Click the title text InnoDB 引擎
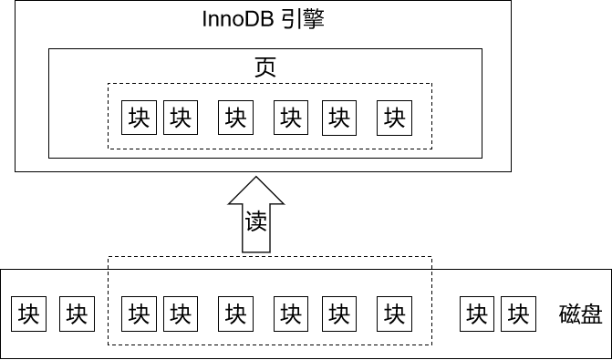[262, 18]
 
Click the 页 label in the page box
[265, 67]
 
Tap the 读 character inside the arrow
[256, 221]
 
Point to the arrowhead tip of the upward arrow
[256, 175]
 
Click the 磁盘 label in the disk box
[580, 314]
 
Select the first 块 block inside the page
[139, 117]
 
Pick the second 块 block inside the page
[181, 117]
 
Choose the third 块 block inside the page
[235, 117]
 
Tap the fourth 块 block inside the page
[291, 117]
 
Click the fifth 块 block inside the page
[339, 117]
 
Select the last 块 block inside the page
[394, 117]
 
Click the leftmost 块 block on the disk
[27, 314]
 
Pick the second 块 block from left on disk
[77, 314]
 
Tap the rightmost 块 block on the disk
[518, 314]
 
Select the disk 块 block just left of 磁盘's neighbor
[476, 314]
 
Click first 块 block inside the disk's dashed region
[139, 314]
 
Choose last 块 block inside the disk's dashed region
[394, 314]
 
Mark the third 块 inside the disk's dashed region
[235, 314]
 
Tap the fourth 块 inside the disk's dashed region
[291, 314]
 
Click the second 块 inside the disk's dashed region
[181, 314]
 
